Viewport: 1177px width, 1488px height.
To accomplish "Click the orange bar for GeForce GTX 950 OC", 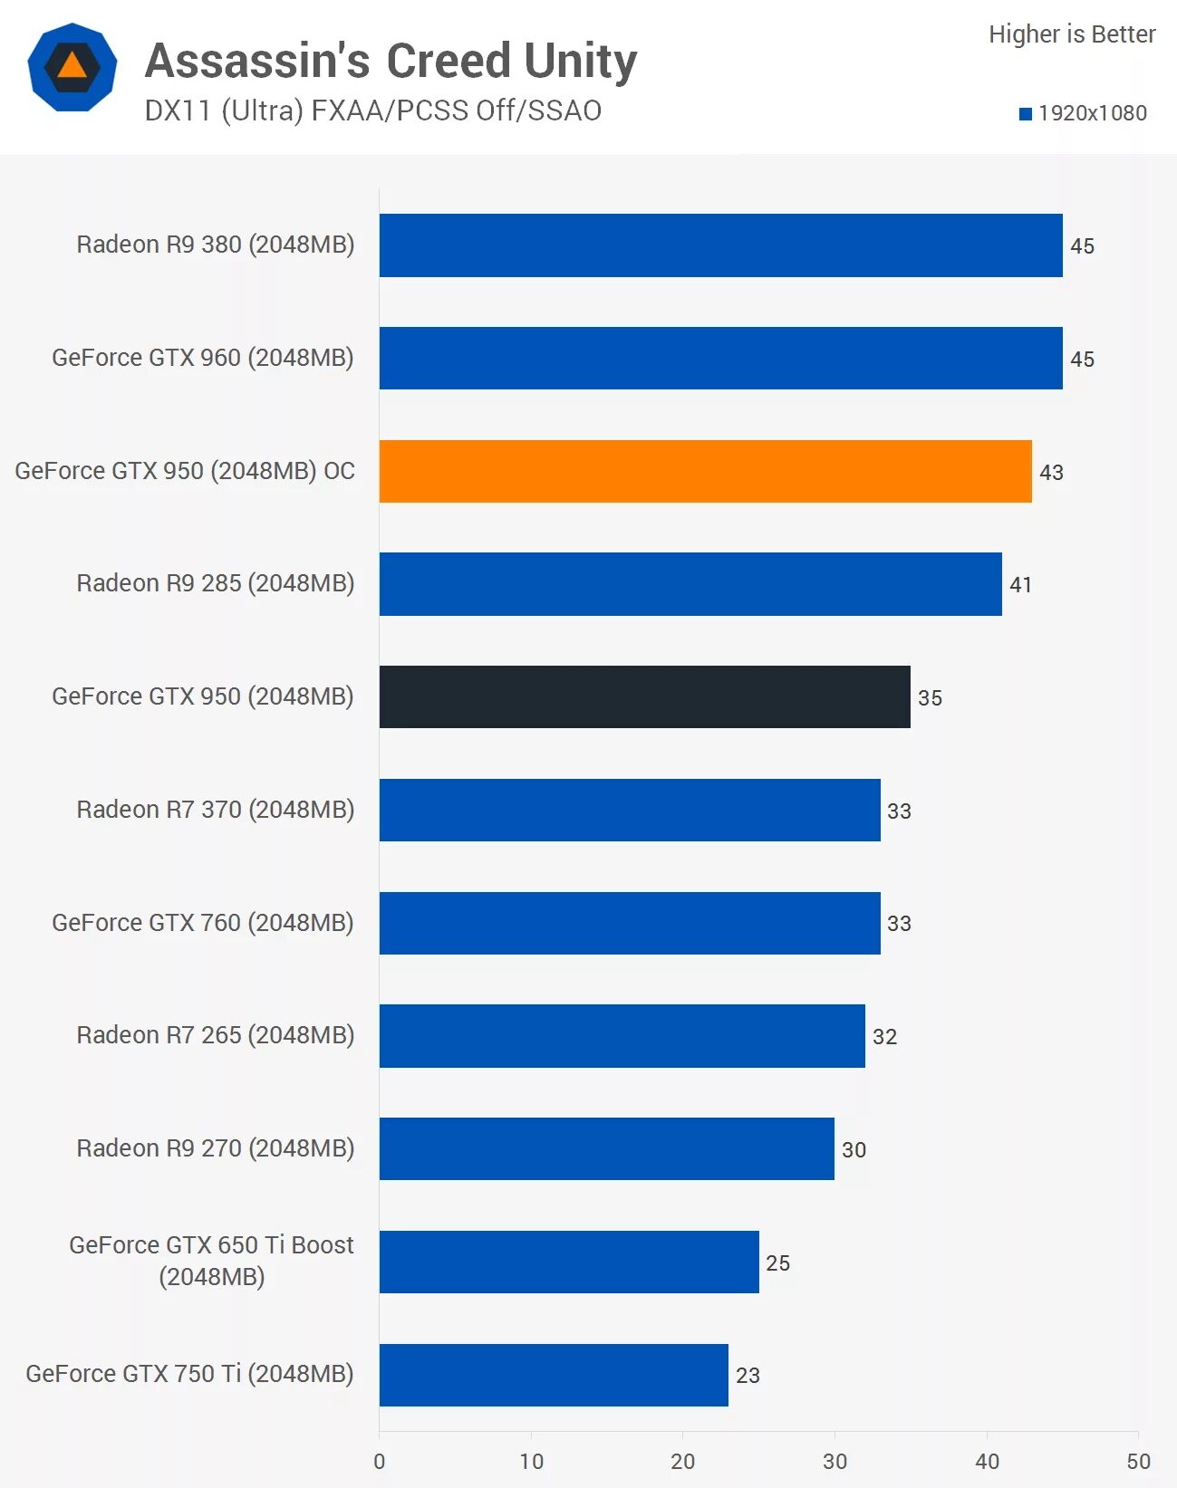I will (705, 471).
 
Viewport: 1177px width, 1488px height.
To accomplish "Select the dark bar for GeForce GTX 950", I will (644, 696).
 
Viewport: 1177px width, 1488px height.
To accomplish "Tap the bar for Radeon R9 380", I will (720, 245).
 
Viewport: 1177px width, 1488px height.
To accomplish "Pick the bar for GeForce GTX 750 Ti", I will (554, 1375).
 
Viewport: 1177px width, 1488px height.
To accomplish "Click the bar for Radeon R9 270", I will (606, 1148).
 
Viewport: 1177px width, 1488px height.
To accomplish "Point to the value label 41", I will (1020, 585).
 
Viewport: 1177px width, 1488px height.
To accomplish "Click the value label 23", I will (748, 1376).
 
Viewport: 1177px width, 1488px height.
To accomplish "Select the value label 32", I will (884, 1037).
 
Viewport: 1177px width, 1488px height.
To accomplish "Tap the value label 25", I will (777, 1263).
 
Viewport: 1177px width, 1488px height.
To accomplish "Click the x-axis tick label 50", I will (1138, 1462).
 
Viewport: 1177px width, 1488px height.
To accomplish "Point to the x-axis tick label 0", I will (380, 1462).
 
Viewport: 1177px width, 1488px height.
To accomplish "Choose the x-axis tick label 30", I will (835, 1462).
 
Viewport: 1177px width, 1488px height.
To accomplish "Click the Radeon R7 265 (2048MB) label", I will (215, 1035).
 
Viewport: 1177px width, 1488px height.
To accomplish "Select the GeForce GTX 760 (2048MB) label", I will (202, 923).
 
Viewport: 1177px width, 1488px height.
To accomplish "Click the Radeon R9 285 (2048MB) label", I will (215, 583).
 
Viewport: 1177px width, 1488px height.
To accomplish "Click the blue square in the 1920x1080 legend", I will (1026, 114).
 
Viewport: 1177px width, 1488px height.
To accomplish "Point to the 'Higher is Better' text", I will (1072, 34).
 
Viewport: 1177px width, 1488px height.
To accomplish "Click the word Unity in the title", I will (580, 62).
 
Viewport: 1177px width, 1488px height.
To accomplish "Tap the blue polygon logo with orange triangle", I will (72, 68).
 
